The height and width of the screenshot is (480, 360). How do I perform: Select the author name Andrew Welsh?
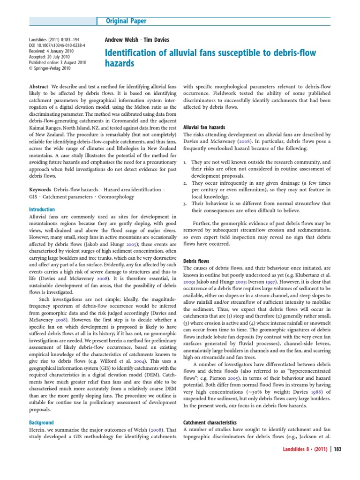pos(120,40)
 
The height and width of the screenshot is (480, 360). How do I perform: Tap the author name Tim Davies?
pos(156,40)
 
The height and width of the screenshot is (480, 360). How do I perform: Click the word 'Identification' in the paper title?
pos(132,52)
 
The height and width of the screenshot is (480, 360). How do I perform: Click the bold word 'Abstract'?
pos(39,88)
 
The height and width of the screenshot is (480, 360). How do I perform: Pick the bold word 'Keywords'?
pos(40,189)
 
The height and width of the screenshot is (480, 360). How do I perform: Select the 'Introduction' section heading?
pos(42,210)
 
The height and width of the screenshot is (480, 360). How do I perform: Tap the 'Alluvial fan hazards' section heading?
pos(204,127)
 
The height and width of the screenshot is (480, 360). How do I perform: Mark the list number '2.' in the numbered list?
pos(185,183)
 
